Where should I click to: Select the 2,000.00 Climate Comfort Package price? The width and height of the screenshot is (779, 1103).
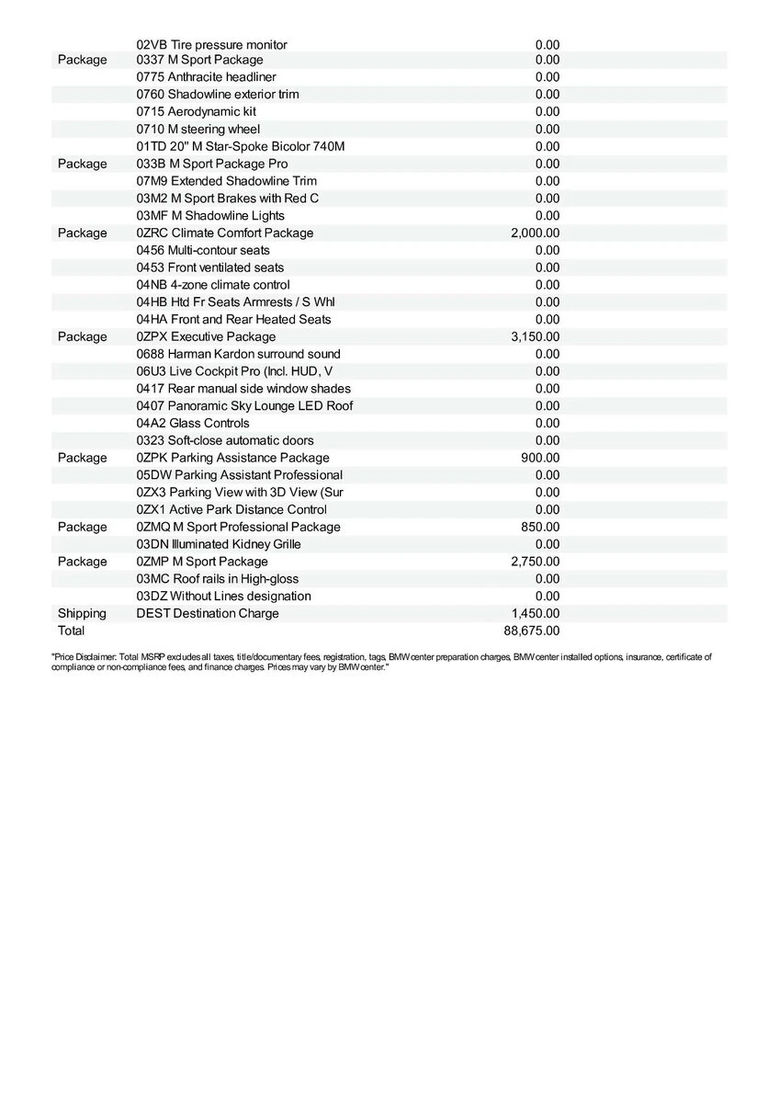point(535,233)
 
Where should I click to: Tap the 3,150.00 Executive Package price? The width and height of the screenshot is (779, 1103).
point(535,336)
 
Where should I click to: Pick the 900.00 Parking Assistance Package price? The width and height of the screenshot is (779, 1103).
point(540,458)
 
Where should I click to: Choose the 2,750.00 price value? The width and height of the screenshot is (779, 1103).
point(535,562)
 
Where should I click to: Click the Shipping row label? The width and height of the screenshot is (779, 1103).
point(82,613)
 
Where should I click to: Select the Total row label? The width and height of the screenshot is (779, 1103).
point(71,631)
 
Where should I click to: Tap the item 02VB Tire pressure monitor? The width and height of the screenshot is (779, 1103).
point(211,44)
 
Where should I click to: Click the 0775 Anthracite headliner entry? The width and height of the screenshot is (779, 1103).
point(206,77)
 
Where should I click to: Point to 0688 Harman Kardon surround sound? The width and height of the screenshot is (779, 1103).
point(238,354)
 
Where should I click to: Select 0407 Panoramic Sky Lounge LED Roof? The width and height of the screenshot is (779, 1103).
point(244,405)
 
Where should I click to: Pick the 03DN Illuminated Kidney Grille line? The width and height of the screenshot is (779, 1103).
point(219,544)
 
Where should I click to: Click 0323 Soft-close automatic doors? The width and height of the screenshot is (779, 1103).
point(225,440)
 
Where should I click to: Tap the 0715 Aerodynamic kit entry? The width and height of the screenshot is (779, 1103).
point(197,111)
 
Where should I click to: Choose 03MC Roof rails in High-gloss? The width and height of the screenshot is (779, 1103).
point(217,579)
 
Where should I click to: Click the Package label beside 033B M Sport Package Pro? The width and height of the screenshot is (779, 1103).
point(82,164)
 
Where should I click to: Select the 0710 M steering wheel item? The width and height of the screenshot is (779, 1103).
point(198,129)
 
